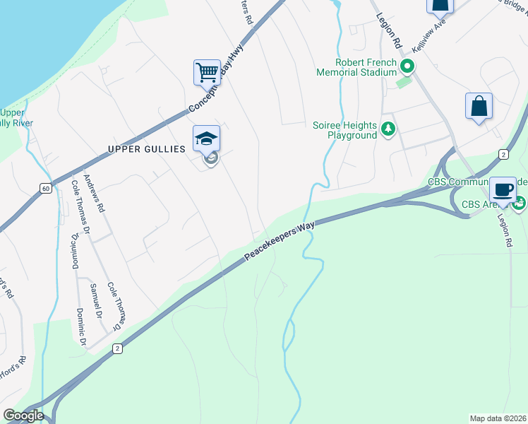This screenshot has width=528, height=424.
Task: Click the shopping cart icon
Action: click(x=207, y=72)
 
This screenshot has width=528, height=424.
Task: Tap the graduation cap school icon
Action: click(x=207, y=138)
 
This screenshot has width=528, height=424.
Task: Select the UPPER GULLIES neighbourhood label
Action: click(x=146, y=149)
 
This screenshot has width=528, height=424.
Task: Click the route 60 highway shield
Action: click(x=45, y=188)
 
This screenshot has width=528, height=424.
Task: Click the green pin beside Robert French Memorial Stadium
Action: click(x=407, y=68)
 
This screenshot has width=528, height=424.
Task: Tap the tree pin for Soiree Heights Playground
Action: click(x=388, y=129)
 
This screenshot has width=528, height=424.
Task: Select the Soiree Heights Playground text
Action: click(x=344, y=130)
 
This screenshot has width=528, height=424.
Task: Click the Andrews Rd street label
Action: click(x=95, y=194)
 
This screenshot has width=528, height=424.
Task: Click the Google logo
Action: click(x=23, y=416)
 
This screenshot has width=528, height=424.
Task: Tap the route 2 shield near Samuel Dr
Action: click(x=117, y=348)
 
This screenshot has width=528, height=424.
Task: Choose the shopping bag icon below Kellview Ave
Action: click(x=479, y=107)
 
